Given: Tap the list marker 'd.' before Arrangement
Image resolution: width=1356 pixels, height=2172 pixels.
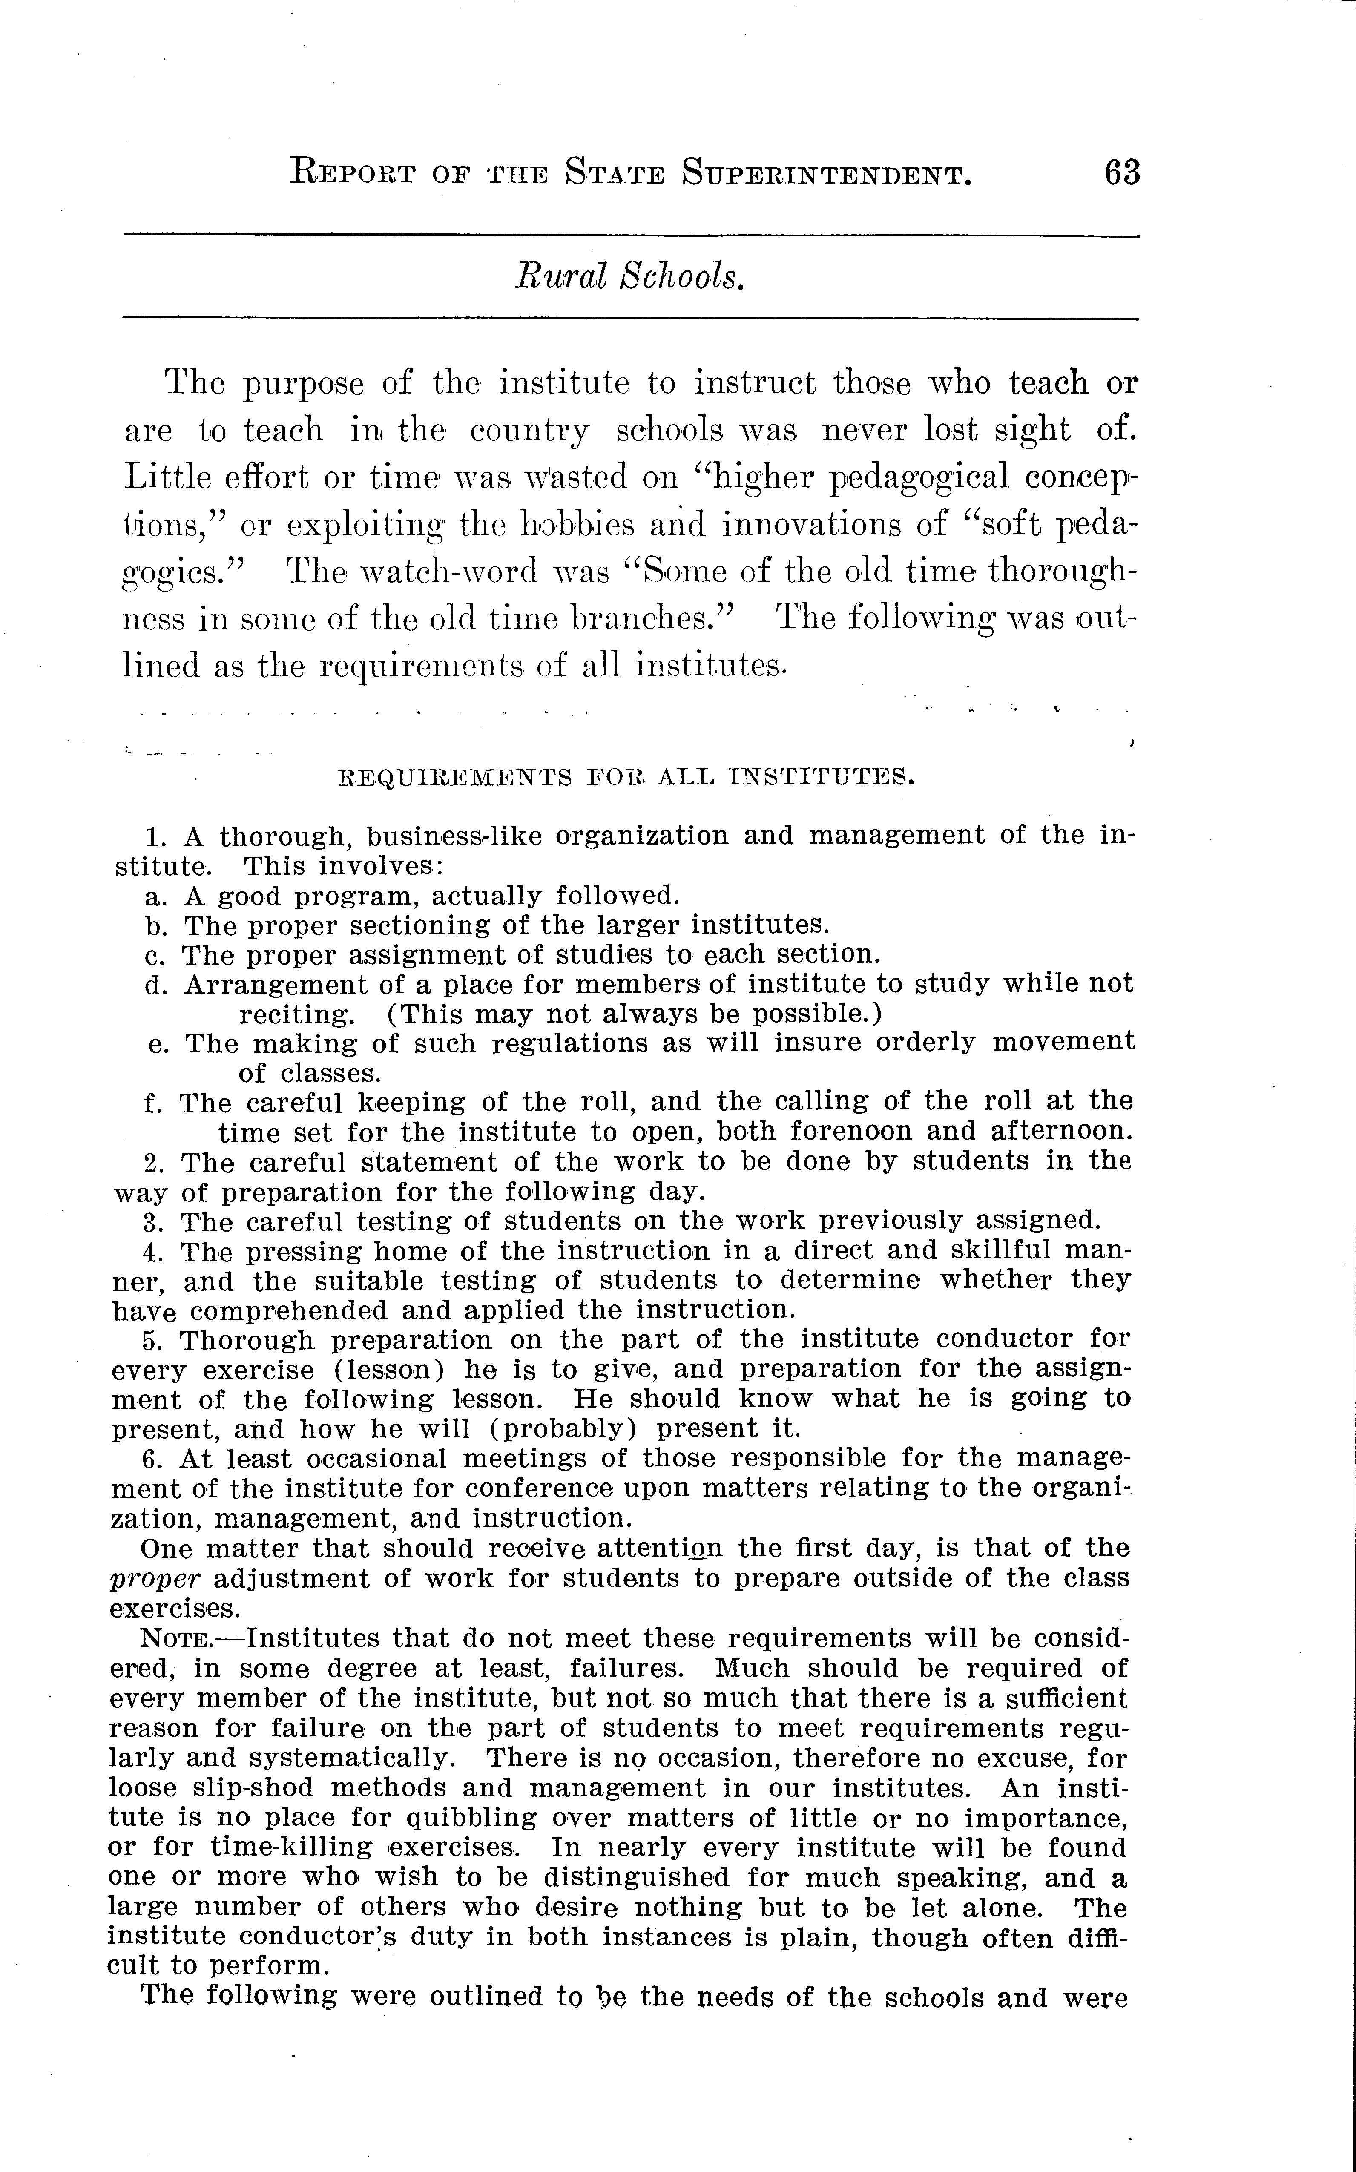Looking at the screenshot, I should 155,985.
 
